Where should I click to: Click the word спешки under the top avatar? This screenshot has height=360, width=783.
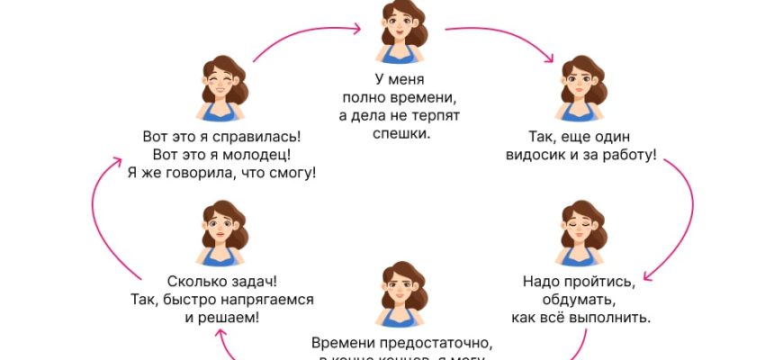click(x=400, y=134)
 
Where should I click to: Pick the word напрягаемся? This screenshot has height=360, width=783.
click(x=261, y=300)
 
